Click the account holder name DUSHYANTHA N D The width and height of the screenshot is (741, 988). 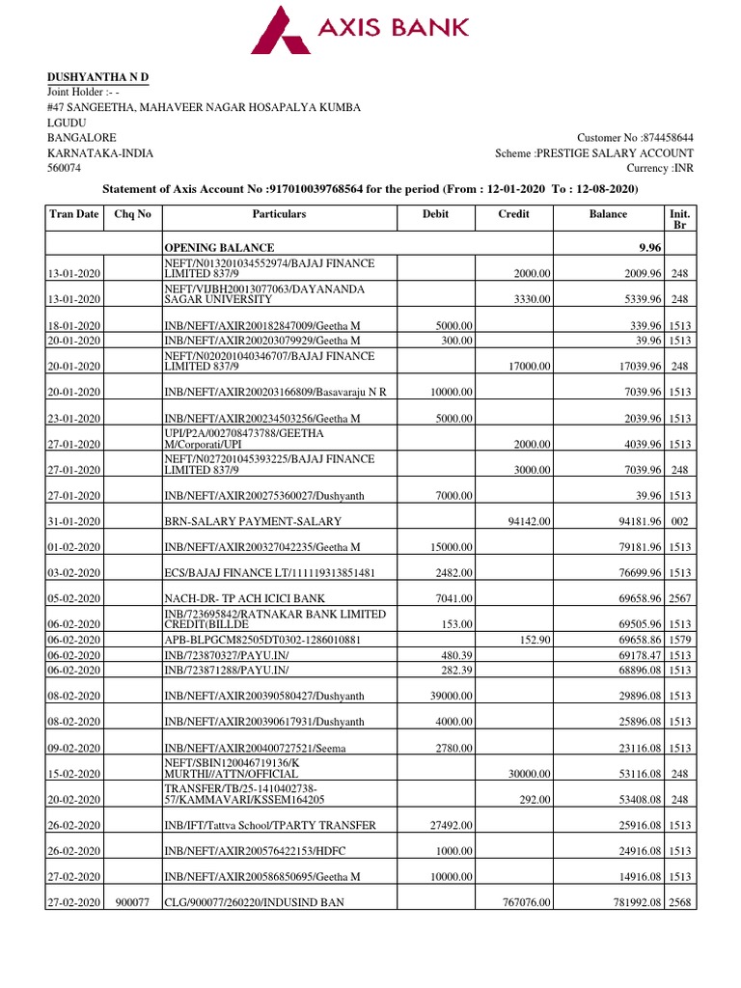pyautogui.click(x=99, y=77)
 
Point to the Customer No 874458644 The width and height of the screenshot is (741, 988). pyautogui.click(x=635, y=138)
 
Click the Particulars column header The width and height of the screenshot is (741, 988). pyautogui.click(x=279, y=214)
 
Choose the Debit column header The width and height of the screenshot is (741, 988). pyautogui.click(x=436, y=214)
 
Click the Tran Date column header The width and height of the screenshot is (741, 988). pyautogui.click(x=73, y=214)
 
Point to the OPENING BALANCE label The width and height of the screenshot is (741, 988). pyautogui.click(x=220, y=248)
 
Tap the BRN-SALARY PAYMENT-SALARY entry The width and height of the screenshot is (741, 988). pyautogui.click(x=254, y=521)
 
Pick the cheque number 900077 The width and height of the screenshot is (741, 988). pyautogui.click(x=131, y=902)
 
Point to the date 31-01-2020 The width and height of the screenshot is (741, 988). pyautogui.click(x=74, y=521)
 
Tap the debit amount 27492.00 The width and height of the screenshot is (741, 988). pyautogui.click(x=450, y=825)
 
